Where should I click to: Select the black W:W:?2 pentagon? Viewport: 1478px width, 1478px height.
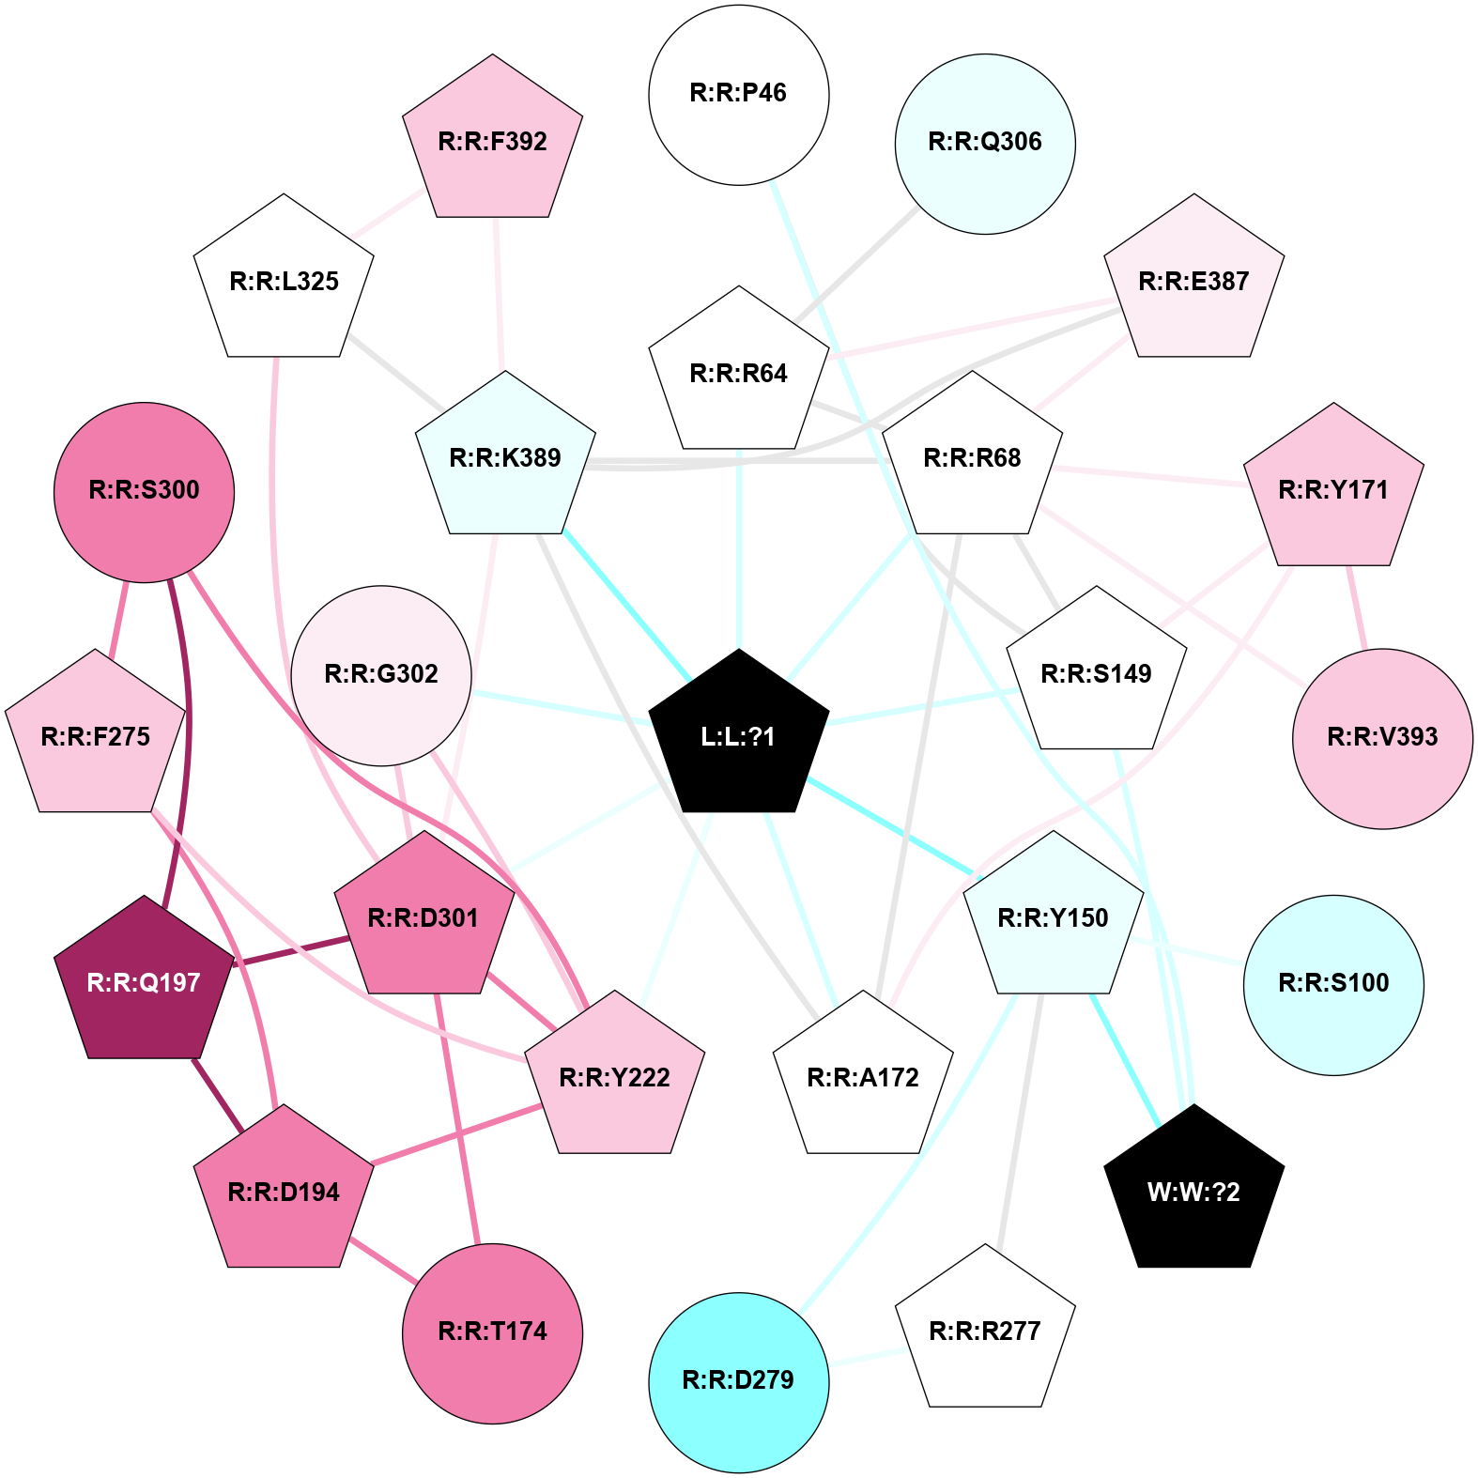pyautogui.click(x=1193, y=1190)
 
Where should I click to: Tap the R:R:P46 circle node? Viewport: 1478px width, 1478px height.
pyautogui.click(x=739, y=95)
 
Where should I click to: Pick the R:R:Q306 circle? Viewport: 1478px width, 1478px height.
pyautogui.click(x=985, y=144)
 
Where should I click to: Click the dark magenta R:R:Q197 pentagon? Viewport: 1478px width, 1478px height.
pyautogui.click(x=144, y=980)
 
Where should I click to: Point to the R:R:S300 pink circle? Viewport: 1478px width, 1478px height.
pyautogui.click(x=144, y=492)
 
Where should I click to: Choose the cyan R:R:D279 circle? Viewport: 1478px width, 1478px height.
pyautogui.click(x=739, y=1382)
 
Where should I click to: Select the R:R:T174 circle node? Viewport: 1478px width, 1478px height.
pyautogui.click(x=493, y=1333)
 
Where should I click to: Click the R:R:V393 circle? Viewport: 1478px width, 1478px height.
pyautogui.click(x=1382, y=738)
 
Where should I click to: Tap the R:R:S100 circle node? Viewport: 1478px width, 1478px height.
pyautogui.click(x=1333, y=985)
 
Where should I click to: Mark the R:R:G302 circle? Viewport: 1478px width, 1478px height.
pyautogui.click(x=381, y=675)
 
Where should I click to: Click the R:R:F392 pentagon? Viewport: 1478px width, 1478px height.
pyautogui.click(x=493, y=140)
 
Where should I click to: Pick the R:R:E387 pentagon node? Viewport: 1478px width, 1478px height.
pyautogui.click(x=1193, y=280)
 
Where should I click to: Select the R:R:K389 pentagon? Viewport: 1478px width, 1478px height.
pyautogui.click(x=505, y=456)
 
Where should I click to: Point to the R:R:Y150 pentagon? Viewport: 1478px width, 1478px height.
pyautogui.click(x=1054, y=916)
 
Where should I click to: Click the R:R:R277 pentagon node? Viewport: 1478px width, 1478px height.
pyautogui.click(x=985, y=1330)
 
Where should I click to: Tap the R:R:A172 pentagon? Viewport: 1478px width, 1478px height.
pyautogui.click(x=863, y=1076)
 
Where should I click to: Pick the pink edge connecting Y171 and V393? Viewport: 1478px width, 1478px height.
pyautogui.click(x=1357, y=607)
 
